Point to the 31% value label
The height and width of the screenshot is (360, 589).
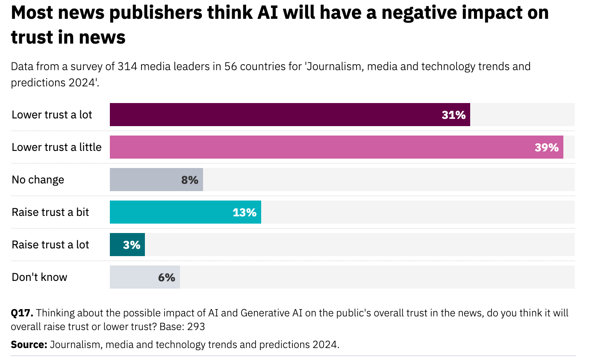click(454, 115)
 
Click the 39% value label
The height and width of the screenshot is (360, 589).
click(546, 147)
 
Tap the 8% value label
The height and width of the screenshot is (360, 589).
click(190, 180)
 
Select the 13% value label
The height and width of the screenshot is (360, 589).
click(244, 212)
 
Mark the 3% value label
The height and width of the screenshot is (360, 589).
click(132, 245)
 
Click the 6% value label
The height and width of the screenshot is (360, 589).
click(167, 277)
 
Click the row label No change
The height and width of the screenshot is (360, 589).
click(38, 180)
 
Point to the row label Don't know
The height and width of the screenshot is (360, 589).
click(39, 277)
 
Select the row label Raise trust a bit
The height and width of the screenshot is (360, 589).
click(50, 212)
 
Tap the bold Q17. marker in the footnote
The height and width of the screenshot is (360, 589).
click(22, 313)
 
